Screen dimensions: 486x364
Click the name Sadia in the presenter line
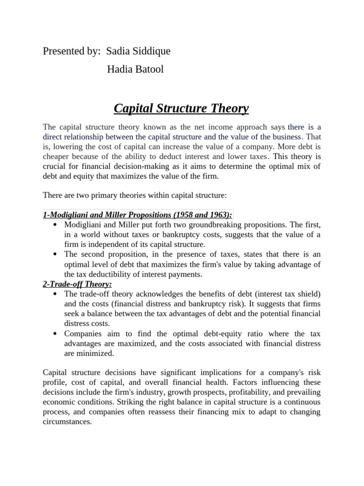point(119,51)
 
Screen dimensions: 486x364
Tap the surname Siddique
point(152,51)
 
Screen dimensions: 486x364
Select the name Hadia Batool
point(135,69)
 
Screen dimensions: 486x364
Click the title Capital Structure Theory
point(181,109)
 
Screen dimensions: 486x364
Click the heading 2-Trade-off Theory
point(77,284)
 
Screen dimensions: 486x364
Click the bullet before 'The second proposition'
point(56,254)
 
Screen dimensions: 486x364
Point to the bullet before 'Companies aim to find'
point(56,334)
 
